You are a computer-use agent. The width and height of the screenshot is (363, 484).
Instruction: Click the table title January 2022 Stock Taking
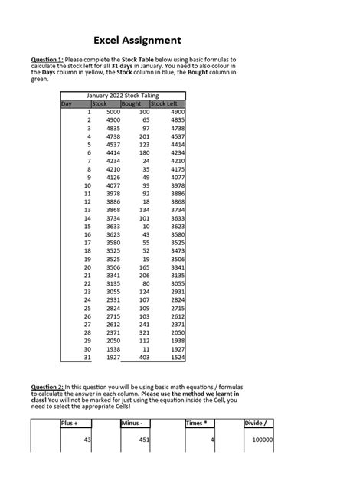[x=123, y=95]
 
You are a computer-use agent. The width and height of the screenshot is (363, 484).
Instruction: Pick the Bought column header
[x=132, y=103]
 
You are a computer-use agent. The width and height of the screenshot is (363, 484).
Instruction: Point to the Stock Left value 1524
[x=177, y=357]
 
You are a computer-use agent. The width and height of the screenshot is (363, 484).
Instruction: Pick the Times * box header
[x=198, y=423]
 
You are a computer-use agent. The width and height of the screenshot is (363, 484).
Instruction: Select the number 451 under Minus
[x=143, y=440]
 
